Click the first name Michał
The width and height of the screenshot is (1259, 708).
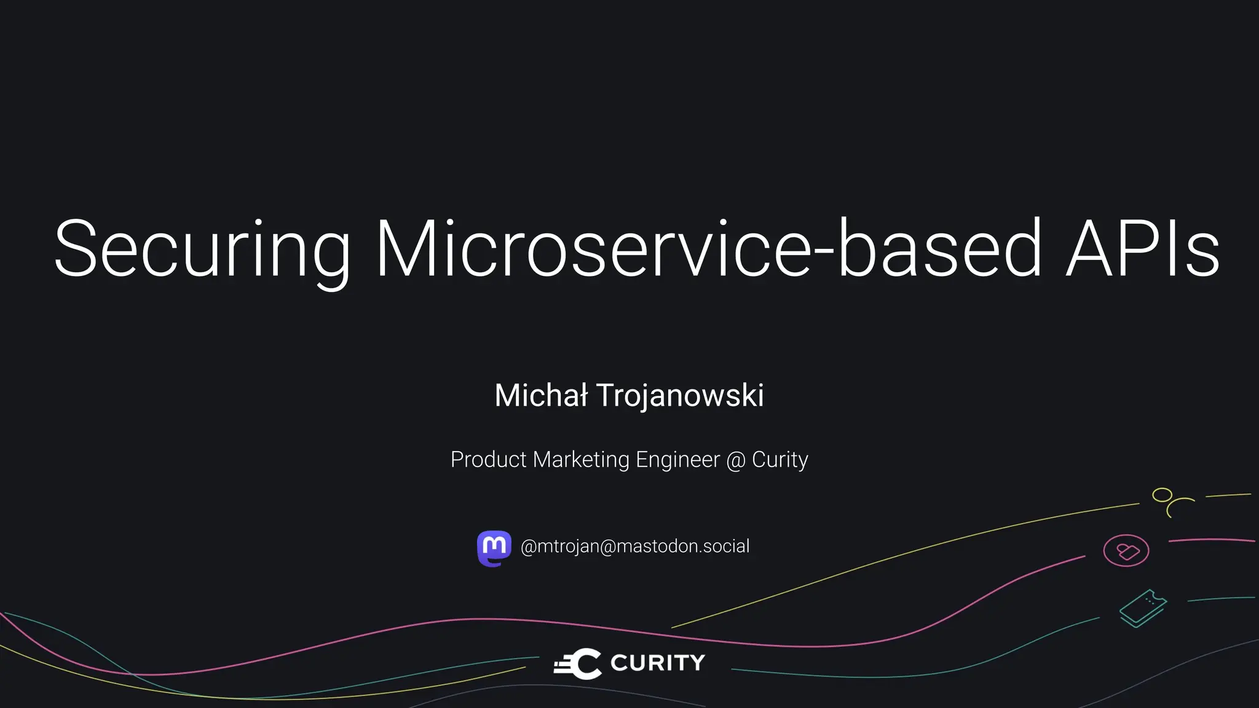[541, 395]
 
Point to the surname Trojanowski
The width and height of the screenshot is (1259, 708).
[680, 395]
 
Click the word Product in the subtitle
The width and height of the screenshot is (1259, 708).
[489, 460]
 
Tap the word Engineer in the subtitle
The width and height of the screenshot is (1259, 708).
[677, 460]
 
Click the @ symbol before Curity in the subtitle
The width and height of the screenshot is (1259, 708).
[736, 460]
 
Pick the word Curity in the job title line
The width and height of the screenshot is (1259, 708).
[779, 460]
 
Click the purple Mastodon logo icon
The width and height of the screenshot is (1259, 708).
[494, 548]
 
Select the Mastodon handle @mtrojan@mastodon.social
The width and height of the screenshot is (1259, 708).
[635, 546]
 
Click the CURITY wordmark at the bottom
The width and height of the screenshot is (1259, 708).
[657, 663]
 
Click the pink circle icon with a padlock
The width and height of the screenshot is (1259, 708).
[1126, 551]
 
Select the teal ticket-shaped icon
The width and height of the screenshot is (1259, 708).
[1143, 608]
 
